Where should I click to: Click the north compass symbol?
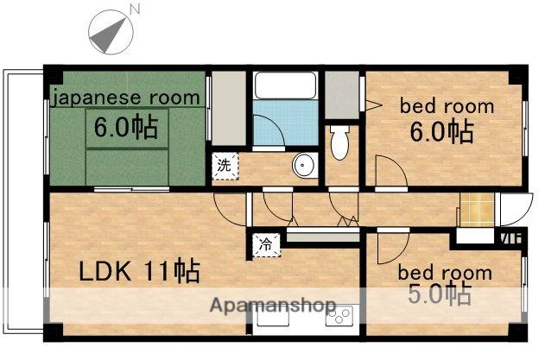111,32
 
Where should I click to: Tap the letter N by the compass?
135,9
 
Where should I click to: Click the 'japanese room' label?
126,98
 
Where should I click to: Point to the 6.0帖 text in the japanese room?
126,127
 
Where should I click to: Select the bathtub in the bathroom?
285,85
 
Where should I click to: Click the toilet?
339,142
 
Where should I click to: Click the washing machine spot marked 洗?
225,166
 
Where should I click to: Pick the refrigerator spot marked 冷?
266,244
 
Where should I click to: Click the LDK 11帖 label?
139,271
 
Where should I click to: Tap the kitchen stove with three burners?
339,315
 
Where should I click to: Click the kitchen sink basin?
273,316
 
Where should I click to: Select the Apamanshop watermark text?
273,306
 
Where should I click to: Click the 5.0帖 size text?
440,294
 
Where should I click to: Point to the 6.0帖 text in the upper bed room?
441,132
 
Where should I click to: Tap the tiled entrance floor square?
477,210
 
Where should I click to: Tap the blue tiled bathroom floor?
285,123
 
